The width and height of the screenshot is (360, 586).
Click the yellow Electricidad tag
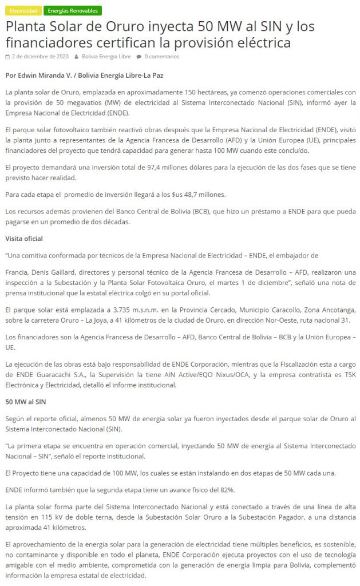(x=23, y=11)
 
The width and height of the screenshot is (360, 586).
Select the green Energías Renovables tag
(x=72, y=11)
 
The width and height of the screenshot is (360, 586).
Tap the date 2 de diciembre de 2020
(x=40, y=57)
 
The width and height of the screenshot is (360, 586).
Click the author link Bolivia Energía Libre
(x=106, y=57)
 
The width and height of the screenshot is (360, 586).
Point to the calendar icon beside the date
(x=7, y=57)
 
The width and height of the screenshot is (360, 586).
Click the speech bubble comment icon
(x=139, y=57)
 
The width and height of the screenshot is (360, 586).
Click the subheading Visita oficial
(x=24, y=238)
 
